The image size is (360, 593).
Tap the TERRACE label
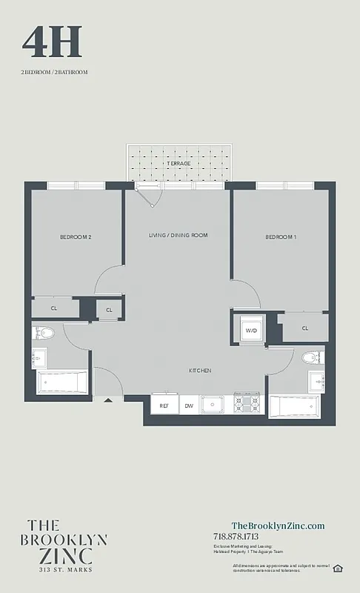[x=178, y=163]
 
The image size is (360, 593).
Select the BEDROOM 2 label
[x=76, y=237]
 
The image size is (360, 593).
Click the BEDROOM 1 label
[x=281, y=237]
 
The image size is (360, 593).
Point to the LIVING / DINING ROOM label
[x=178, y=235]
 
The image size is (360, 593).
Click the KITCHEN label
[x=200, y=370]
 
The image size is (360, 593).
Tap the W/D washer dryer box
[x=251, y=330]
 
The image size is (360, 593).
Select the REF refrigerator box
[x=164, y=405]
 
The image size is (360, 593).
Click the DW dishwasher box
[x=189, y=405]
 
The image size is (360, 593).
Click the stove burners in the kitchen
[x=247, y=404]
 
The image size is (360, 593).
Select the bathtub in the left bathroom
[x=63, y=383]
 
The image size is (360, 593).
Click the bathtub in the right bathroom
[x=294, y=407]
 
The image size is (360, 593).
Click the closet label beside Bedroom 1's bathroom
[x=305, y=328]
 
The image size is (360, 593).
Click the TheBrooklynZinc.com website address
[x=278, y=526]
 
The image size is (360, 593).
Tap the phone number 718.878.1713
[x=236, y=537]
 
